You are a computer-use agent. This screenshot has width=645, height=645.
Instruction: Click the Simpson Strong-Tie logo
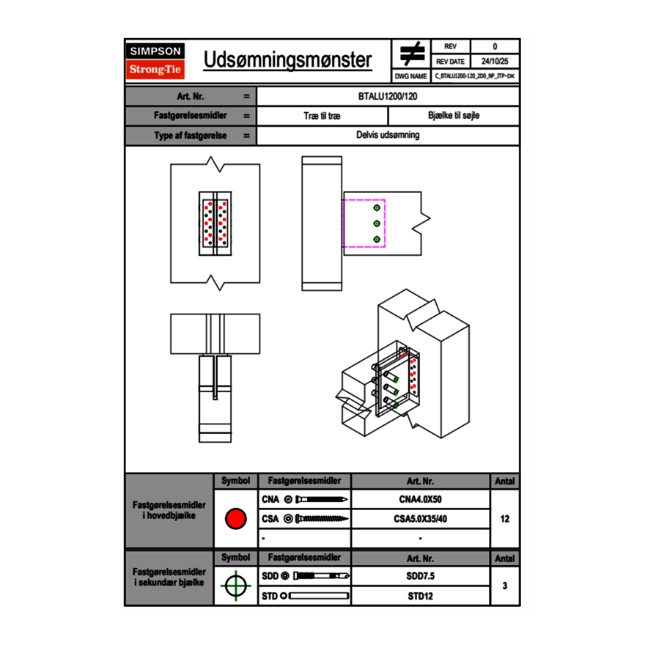click(156, 60)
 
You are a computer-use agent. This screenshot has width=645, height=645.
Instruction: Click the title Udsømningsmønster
click(287, 60)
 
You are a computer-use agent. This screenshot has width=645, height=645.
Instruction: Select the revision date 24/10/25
click(495, 61)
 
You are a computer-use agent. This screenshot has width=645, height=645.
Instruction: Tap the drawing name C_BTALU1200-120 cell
click(475, 75)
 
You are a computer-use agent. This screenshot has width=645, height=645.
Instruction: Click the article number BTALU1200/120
click(388, 96)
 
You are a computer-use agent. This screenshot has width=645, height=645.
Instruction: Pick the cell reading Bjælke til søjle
click(454, 116)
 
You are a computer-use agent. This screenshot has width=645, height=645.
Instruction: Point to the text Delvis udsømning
click(388, 135)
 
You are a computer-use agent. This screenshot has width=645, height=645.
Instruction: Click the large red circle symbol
click(235, 519)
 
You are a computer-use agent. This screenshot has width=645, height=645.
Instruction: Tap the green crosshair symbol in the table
click(235, 586)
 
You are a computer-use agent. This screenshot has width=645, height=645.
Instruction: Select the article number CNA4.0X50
click(420, 500)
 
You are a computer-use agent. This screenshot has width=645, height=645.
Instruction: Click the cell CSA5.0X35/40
click(420, 519)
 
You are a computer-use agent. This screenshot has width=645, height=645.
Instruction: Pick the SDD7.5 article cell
click(420, 576)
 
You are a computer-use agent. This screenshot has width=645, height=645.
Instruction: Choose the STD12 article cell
click(420, 596)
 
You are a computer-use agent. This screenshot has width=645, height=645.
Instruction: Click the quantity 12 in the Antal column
click(504, 519)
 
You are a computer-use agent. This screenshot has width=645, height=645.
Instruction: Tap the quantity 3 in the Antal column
click(504, 586)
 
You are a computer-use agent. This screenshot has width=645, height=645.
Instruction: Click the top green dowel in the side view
click(377, 206)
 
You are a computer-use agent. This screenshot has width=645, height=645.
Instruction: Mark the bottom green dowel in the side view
click(377, 240)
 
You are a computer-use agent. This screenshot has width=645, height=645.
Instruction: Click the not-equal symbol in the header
click(413, 54)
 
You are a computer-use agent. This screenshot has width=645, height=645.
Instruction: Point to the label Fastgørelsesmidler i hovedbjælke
click(169, 510)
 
